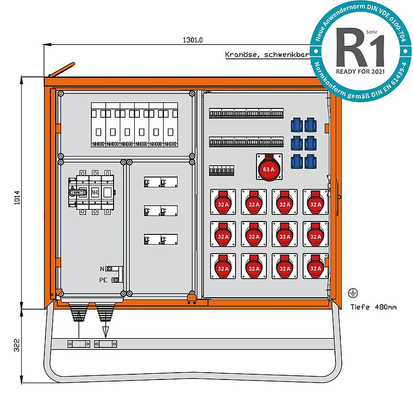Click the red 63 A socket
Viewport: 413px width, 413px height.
[x=269, y=168]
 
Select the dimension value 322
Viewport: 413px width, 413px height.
[x=17, y=345]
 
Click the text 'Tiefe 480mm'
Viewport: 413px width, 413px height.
[x=374, y=307]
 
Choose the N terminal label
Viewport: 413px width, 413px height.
[x=103, y=269]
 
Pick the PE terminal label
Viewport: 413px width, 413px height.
[x=103, y=280]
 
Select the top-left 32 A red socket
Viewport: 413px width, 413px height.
[x=223, y=202]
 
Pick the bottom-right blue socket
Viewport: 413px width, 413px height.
[x=310, y=161]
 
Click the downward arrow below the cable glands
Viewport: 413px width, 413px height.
[x=106, y=330]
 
